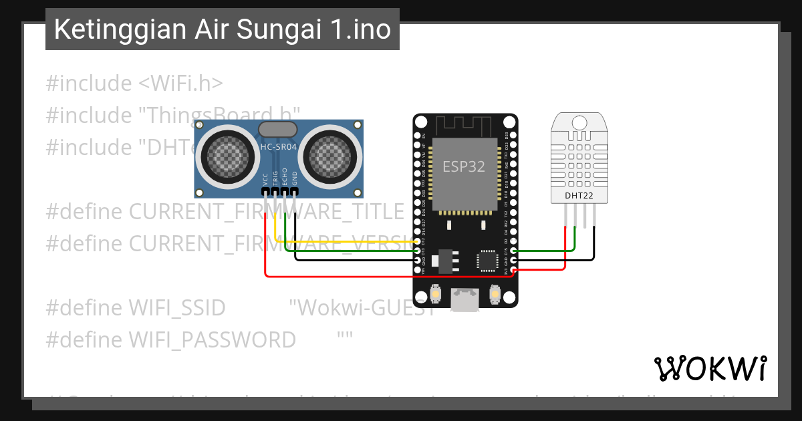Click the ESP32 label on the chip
[463, 166]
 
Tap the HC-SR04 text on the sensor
[279, 146]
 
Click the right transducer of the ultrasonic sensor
[328, 156]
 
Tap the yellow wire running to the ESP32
[348, 241]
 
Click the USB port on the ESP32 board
[464, 300]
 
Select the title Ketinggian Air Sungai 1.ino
[222, 29]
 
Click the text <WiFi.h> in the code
[180, 84]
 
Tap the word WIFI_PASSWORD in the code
[212, 340]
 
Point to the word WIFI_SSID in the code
[177, 308]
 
